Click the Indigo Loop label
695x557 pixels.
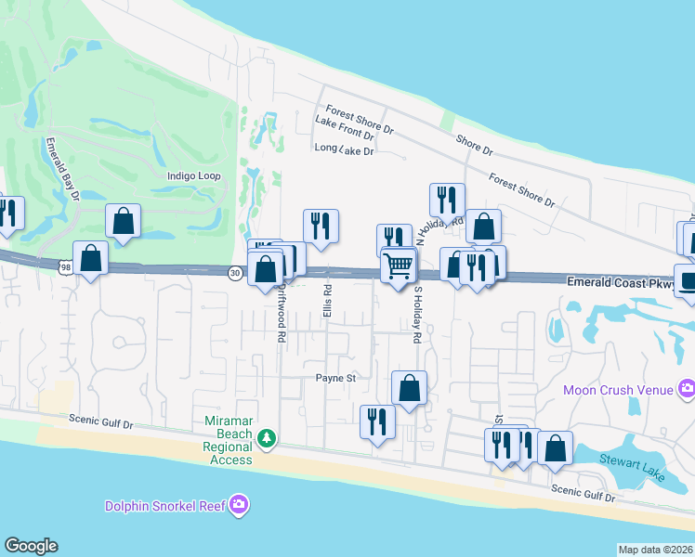(194, 175)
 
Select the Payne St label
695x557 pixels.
(336, 378)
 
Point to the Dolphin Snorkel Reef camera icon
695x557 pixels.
(240, 505)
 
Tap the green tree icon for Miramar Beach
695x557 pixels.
(267, 436)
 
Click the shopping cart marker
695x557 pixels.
(399, 266)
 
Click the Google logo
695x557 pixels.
(31, 546)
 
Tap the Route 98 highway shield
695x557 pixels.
(64, 267)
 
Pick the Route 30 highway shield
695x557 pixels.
(235, 272)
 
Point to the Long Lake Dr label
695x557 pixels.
(344, 149)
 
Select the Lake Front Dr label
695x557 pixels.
(344, 135)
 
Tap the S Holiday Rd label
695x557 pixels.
(417, 315)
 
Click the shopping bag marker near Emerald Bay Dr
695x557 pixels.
(123, 222)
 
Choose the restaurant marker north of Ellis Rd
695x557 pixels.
(321, 226)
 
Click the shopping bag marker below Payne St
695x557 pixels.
(409, 388)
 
